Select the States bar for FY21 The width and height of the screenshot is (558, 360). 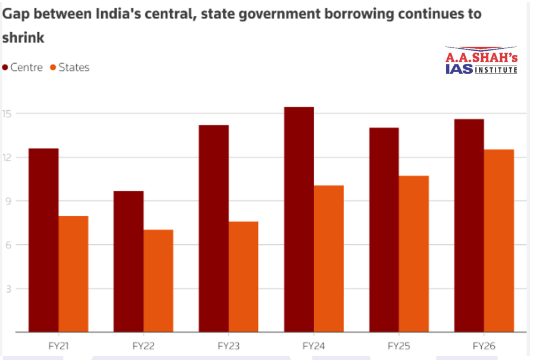coord(73,274)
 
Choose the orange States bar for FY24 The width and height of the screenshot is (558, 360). coord(329,259)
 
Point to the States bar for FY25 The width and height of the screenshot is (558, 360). coord(414,254)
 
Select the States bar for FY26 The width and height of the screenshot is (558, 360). coord(499,241)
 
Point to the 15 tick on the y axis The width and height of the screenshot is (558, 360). coord(9,113)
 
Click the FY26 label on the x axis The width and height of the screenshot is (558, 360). coord(484,346)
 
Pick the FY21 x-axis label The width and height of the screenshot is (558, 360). coord(58,346)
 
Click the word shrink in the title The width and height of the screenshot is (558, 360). coord(23,38)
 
